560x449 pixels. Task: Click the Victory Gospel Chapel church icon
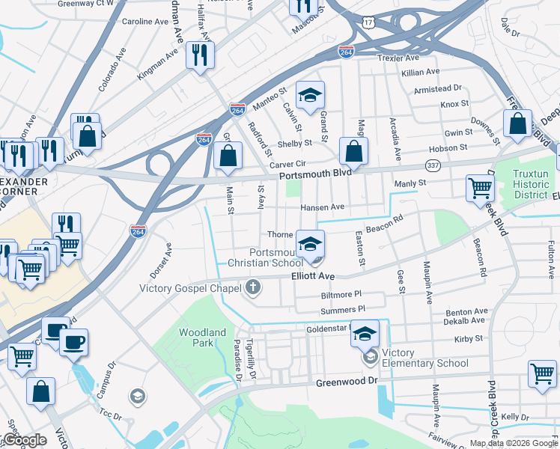click(x=253, y=287)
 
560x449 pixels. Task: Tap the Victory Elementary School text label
click(x=424, y=358)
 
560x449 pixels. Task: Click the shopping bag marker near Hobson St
click(x=517, y=123)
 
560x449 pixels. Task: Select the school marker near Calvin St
click(x=310, y=95)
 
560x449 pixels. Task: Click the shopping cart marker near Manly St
click(x=479, y=189)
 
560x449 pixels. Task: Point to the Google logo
click(x=24, y=441)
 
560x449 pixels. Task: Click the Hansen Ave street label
click(x=322, y=207)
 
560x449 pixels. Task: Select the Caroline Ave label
click(x=144, y=22)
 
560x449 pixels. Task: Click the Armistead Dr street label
click(x=438, y=88)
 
